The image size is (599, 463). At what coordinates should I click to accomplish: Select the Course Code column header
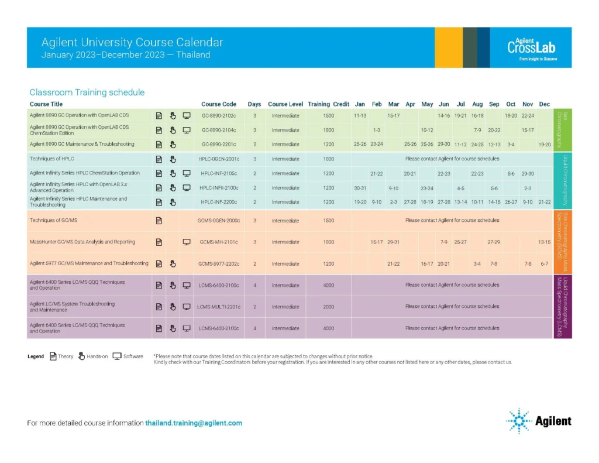pos(219,104)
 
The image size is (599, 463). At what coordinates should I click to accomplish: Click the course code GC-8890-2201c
pos(219,144)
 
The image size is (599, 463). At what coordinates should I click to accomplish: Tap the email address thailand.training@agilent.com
pos(194,423)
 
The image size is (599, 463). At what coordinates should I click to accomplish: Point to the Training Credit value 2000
pos(329,307)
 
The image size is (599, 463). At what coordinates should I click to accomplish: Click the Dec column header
pos(545,104)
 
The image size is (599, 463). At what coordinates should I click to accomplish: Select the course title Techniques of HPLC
pos(52,159)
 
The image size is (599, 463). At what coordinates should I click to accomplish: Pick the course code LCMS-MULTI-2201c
pos(219,307)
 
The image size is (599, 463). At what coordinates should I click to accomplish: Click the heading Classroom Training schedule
pos(87,92)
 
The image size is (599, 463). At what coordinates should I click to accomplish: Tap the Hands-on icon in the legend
pos(82,356)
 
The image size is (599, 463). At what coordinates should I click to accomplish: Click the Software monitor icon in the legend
pos(117,356)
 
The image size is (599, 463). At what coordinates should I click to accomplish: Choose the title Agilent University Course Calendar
pos(132,43)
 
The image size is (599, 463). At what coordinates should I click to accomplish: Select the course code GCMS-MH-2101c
pos(219,242)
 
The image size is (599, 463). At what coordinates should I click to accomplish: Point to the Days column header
pos(254,104)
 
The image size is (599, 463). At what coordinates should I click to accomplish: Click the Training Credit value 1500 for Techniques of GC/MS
pos(329,220)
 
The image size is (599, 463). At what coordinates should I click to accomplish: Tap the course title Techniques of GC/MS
pos(53,220)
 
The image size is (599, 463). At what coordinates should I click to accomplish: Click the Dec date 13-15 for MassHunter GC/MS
pos(545,242)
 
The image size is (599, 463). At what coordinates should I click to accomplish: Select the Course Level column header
pos(285,104)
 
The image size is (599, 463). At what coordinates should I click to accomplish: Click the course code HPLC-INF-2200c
pos(219,202)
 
